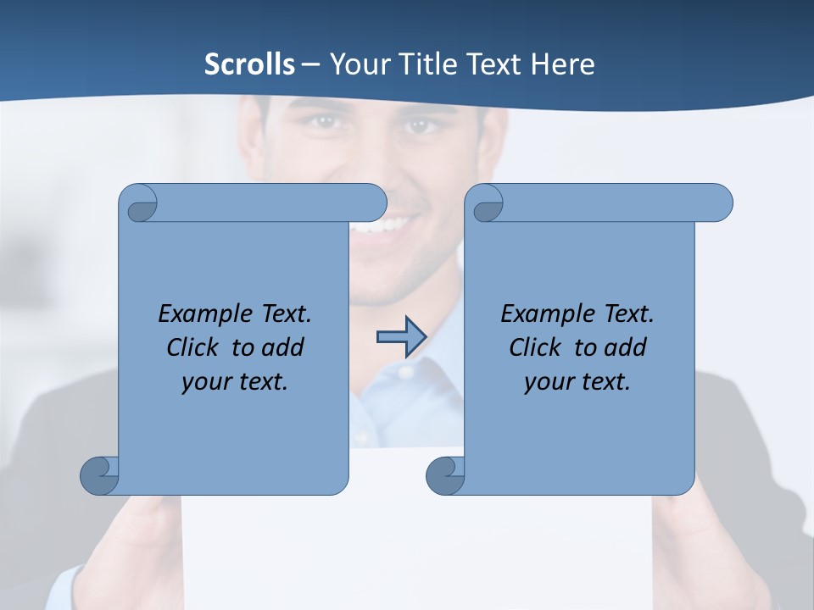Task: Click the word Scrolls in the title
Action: pos(249,64)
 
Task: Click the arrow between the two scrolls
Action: pos(400,337)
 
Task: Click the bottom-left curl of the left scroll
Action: pos(99,474)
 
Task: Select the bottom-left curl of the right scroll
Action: pos(445,474)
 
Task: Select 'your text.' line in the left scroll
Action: pos(235,382)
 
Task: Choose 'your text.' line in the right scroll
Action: pos(577,382)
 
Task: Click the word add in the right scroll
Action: pos(626,347)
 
